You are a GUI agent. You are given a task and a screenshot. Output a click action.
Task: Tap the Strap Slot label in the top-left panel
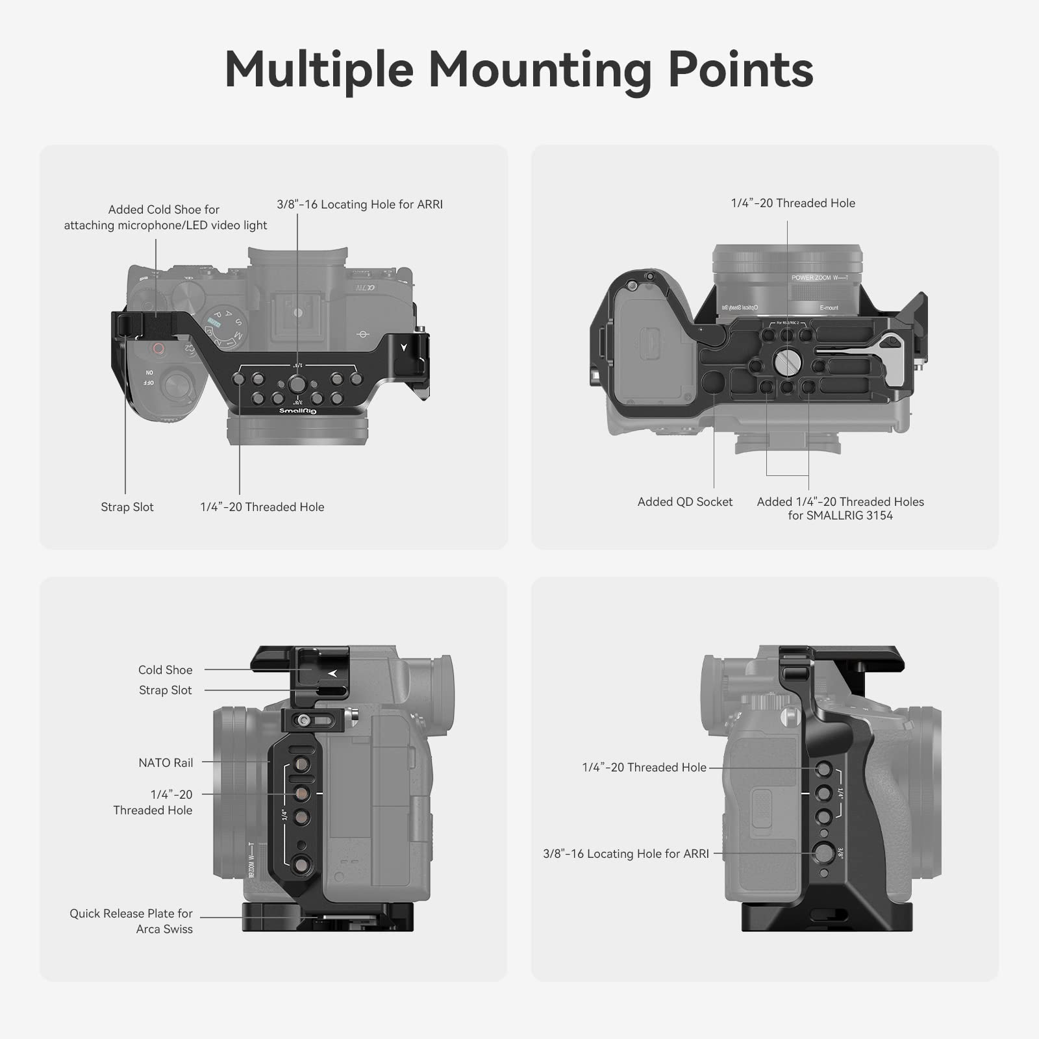click(x=127, y=507)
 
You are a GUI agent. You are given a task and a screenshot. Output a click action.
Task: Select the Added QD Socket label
click(x=684, y=502)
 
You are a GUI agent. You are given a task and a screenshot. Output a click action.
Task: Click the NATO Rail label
click(x=166, y=763)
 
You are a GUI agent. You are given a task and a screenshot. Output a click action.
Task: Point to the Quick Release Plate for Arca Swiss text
click(x=131, y=921)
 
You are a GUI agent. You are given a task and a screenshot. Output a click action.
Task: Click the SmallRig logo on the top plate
click(x=297, y=411)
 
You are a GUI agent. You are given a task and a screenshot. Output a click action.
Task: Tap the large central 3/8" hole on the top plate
click(x=297, y=384)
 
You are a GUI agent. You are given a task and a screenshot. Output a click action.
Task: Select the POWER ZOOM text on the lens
click(x=811, y=278)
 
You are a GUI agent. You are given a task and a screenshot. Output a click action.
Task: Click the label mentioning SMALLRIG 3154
click(x=840, y=508)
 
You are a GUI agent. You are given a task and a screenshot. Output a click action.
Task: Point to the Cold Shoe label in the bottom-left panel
click(x=165, y=670)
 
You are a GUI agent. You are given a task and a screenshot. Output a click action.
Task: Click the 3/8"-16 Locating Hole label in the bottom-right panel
click(x=626, y=854)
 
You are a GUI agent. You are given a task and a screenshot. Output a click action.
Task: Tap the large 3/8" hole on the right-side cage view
click(x=823, y=853)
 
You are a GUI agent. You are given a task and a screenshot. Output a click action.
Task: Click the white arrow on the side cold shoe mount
click(x=332, y=673)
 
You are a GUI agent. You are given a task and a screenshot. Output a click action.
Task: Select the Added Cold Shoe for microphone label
click(x=165, y=218)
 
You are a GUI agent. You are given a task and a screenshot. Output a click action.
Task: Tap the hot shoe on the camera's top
click(x=297, y=313)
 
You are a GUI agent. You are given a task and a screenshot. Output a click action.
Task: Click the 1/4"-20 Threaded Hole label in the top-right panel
click(x=793, y=203)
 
